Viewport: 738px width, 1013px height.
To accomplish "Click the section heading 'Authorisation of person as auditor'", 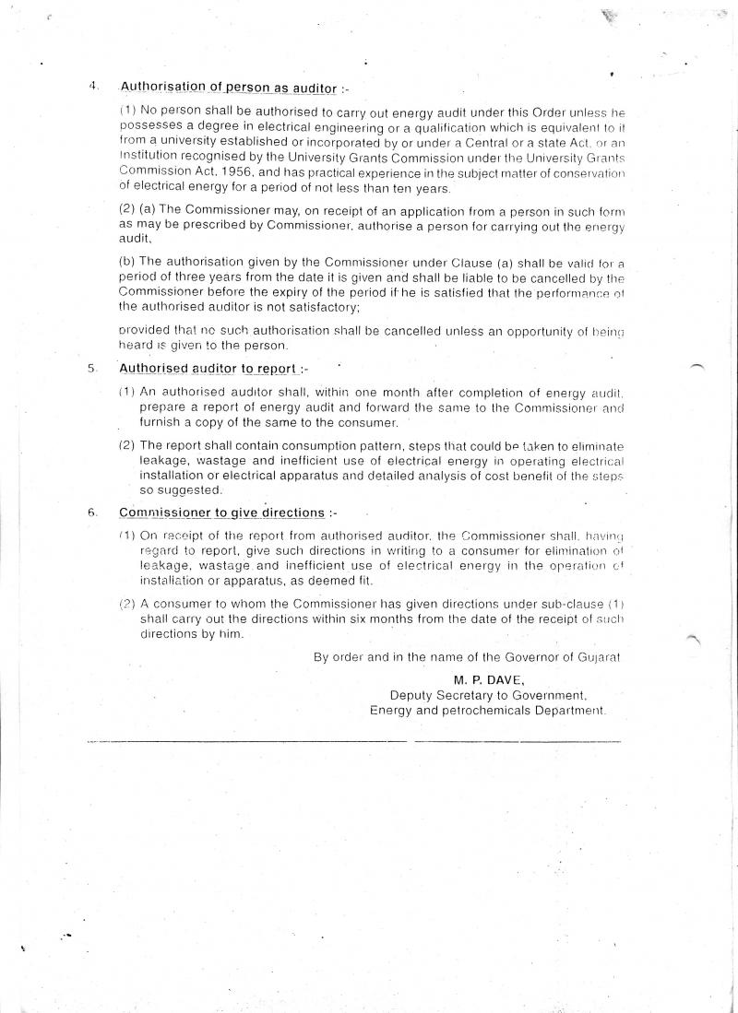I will [x=228, y=88].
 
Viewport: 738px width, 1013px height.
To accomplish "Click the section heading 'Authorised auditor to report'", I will [x=208, y=369].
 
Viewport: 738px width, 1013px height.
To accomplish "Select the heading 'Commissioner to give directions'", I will [x=221, y=512].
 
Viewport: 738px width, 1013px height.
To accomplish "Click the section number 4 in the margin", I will [x=93, y=87].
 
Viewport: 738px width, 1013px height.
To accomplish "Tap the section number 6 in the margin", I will [x=92, y=512].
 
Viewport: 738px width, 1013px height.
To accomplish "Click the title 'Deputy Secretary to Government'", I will [x=488, y=696].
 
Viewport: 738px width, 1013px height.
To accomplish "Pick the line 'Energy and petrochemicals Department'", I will [x=487, y=711].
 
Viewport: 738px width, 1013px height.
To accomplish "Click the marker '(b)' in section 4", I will [x=127, y=262].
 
